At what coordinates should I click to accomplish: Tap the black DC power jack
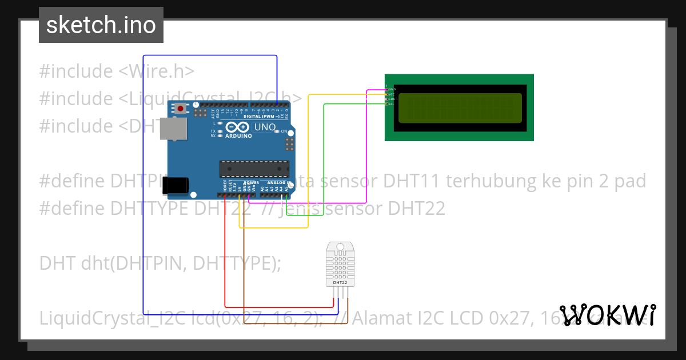coord(176,185)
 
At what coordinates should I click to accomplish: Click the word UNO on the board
coord(265,127)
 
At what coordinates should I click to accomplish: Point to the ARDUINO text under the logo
coord(238,136)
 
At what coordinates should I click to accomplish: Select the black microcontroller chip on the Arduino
coord(254,169)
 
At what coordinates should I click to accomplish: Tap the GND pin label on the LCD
coord(392,89)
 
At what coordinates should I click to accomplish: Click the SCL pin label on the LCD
coord(392,104)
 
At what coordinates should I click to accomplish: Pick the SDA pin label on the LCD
coord(392,99)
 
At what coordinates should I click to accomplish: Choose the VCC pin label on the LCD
coord(392,94)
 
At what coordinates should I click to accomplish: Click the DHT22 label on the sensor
coord(340,282)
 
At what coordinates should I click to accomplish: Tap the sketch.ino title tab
coord(101,25)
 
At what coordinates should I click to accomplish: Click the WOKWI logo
coord(608,315)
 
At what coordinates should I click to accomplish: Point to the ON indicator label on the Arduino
coord(284,131)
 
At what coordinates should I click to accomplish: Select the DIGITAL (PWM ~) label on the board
coord(261,116)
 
